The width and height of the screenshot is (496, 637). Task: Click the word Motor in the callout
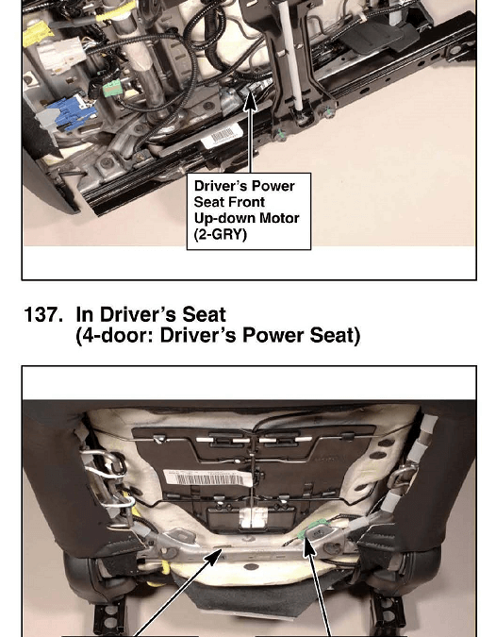[279, 218]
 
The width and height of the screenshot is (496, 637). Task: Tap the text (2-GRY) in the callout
[221, 234]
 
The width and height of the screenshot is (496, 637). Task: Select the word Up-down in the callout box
[224, 219]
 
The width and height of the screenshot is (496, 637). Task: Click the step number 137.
[43, 315]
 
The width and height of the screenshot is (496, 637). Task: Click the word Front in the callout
[246, 202]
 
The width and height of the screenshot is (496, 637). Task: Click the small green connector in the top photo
[112, 88]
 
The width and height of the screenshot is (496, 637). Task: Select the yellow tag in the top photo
[39, 33]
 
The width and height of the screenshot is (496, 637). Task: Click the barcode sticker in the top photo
[222, 136]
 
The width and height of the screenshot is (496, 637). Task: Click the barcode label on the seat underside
[206, 478]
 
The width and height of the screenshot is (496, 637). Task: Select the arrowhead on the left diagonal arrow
[214, 557]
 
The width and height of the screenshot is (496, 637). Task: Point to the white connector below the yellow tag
[60, 59]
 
